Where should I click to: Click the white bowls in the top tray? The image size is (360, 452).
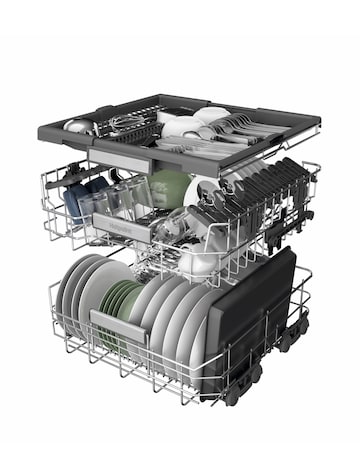[x=190, y=125]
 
